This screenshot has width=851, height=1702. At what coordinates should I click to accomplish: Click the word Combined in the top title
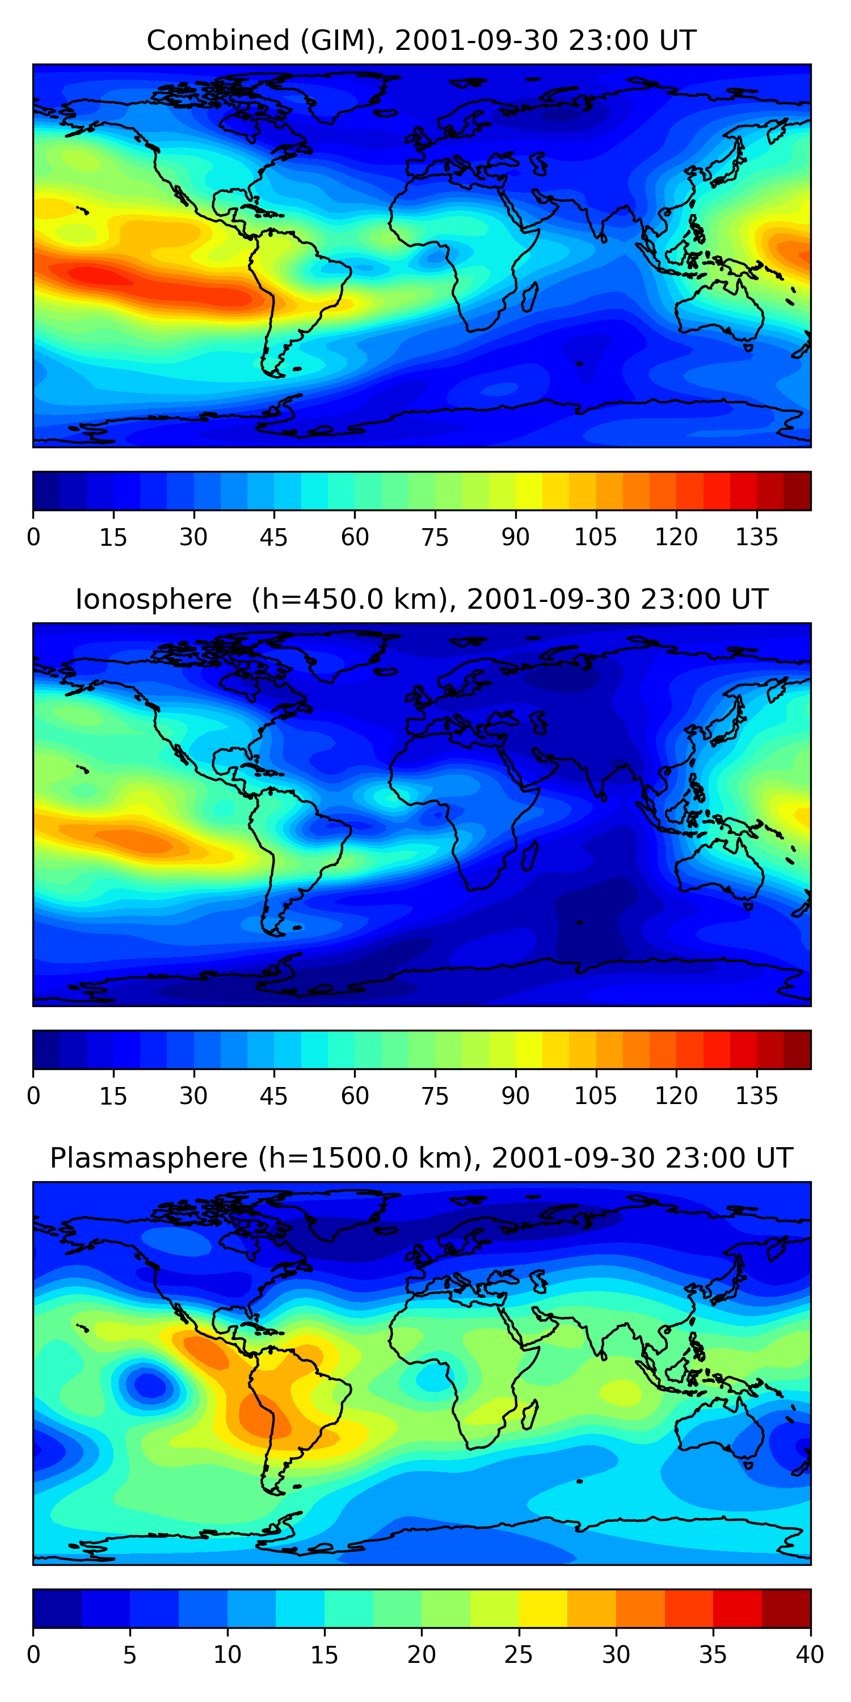tap(217, 40)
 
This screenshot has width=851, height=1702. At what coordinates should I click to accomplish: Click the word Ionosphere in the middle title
tap(153, 599)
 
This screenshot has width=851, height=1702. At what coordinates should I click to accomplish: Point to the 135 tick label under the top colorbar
tap(756, 537)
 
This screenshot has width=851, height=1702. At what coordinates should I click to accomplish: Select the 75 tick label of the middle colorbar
tap(435, 1096)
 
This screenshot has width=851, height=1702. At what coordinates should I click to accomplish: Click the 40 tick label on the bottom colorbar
tap(810, 1655)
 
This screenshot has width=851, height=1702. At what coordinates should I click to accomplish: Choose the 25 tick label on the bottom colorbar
tap(518, 1655)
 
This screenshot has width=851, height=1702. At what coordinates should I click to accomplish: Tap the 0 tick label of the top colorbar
tap(33, 537)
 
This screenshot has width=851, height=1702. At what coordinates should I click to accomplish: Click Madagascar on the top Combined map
tap(530, 298)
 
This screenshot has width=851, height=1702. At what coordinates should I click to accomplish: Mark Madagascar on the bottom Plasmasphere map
tap(530, 1415)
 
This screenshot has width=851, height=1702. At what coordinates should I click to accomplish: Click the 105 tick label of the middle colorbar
tap(595, 1096)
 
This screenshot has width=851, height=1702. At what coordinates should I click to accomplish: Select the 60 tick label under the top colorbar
tap(355, 537)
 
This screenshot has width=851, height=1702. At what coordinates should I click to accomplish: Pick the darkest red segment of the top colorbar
tap(797, 491)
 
